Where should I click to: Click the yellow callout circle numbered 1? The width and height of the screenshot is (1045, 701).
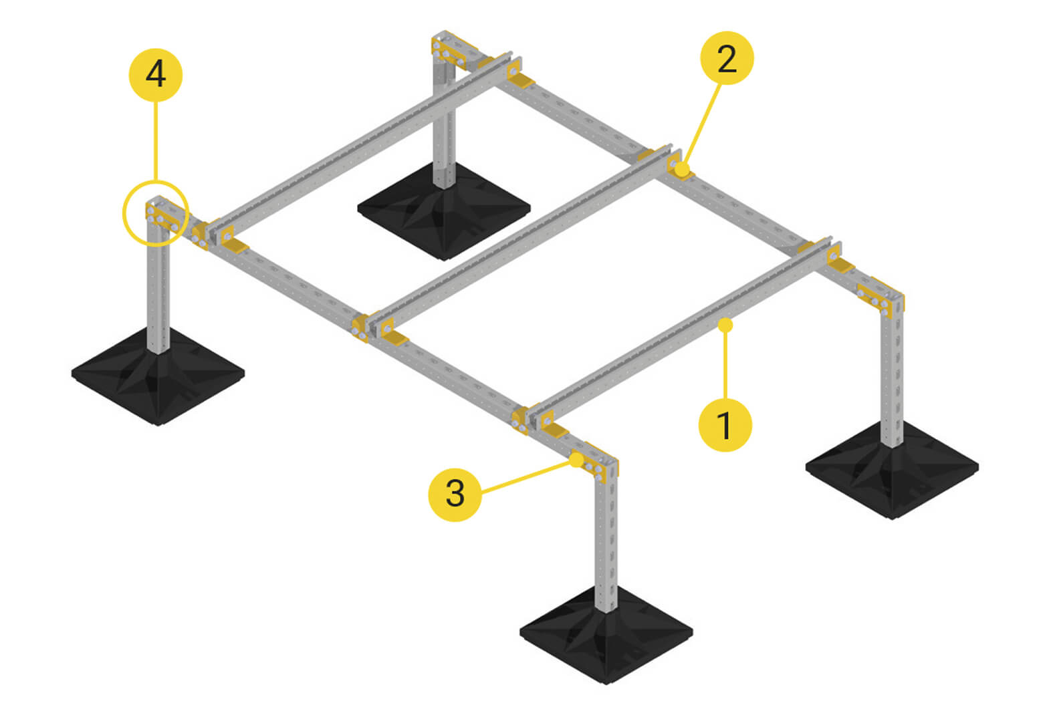tap(725, 425)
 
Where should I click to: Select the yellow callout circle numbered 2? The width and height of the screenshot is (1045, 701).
tap(726, 58)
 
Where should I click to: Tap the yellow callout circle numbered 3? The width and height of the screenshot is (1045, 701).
tap(455, 495)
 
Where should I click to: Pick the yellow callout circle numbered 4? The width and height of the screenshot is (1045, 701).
tap(155, 75)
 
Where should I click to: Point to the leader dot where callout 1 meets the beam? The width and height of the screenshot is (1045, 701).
tap(725, 325)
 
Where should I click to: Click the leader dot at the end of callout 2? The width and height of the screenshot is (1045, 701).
tap(682, 170)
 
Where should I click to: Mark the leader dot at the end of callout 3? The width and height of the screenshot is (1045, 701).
tap(576, 460)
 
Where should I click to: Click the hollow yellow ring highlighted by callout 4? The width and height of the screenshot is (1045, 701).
tap(155, 213)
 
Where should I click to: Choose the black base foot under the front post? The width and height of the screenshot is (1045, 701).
tap(606, 636)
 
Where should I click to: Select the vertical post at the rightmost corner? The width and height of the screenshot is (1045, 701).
tap(892, 374)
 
